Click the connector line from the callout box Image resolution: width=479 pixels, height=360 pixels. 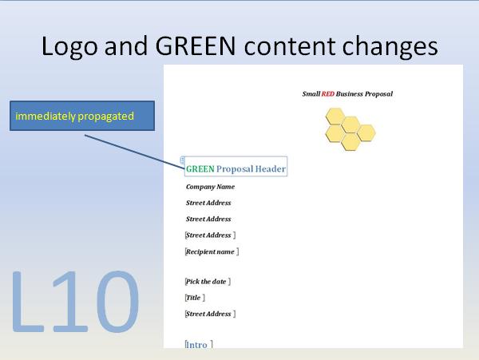point(133,151)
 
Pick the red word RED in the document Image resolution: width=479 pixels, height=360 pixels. point(328,94)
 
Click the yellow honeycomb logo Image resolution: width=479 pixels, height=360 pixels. point(349,128)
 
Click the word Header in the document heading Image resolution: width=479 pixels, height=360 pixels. point(271,169)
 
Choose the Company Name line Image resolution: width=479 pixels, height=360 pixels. point(210,187)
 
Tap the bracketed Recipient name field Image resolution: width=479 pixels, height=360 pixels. point(212,251)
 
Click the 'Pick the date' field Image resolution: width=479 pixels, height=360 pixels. point(208,282)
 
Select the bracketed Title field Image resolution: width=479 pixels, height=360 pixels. point(195,298)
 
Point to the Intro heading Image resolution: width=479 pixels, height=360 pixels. point(198,345)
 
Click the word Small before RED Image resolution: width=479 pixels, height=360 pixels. point(311,94)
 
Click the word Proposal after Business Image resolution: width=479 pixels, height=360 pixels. point(379,94)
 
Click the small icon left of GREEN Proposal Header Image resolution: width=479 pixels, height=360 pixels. point(183,160)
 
